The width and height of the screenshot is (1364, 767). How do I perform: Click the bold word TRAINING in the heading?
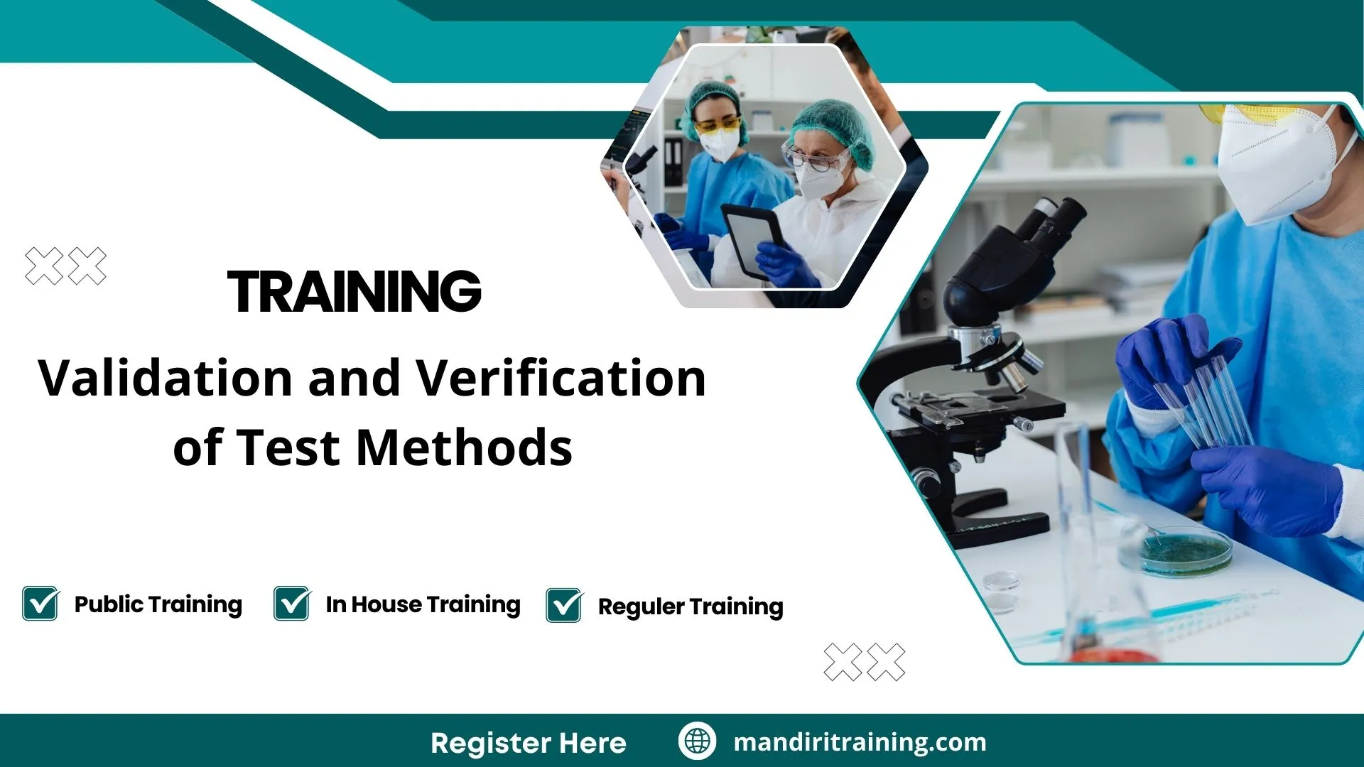354,291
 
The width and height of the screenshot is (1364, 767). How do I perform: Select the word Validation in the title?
165,378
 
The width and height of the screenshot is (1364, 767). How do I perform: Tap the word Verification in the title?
561,378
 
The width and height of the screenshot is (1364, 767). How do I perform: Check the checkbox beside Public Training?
40,604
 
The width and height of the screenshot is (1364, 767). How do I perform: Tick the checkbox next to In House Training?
291,604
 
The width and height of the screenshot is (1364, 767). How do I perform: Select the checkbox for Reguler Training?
564,606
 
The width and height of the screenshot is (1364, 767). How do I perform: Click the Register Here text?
528,743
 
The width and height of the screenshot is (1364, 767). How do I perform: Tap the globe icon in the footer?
697,741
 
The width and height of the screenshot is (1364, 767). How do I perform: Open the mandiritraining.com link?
860,742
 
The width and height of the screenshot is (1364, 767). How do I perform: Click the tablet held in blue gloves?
752,239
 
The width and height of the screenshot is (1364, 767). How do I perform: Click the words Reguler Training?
690,606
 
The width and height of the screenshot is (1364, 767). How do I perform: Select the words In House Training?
423,604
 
